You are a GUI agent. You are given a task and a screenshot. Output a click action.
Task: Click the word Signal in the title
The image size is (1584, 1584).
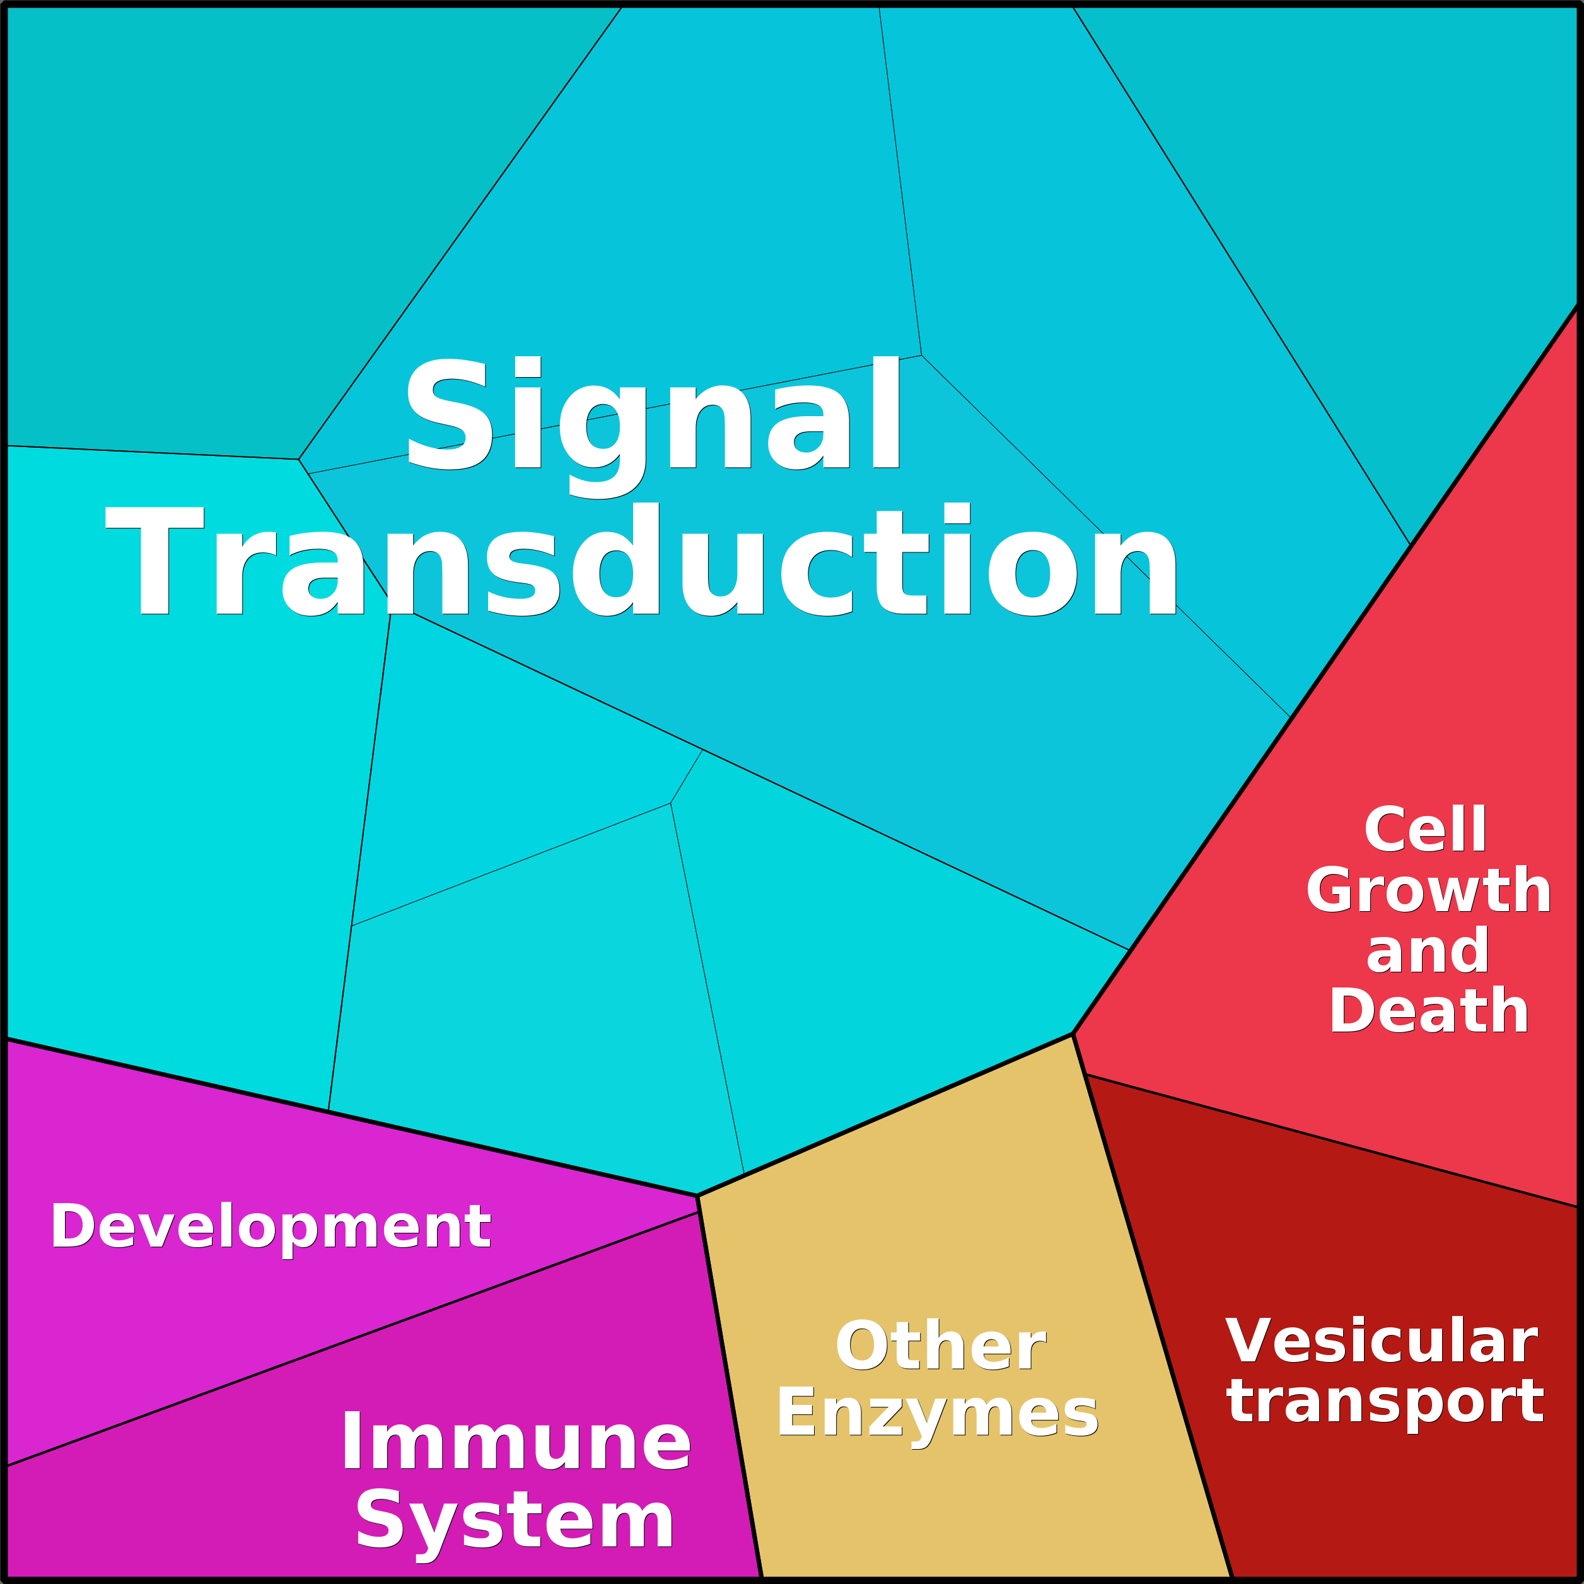coord(653,426)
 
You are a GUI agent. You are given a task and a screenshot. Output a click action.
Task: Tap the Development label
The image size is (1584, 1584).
coord(271,1227)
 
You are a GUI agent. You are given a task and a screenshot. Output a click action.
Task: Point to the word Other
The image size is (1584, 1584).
coord(940,1346)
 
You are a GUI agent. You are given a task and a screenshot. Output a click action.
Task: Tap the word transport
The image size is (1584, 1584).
coord(1385,1404)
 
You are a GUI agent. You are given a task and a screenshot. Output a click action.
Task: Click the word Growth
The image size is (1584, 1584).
coord(1428,890)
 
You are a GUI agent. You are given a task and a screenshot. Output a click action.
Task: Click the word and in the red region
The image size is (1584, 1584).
coord(1428,951)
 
